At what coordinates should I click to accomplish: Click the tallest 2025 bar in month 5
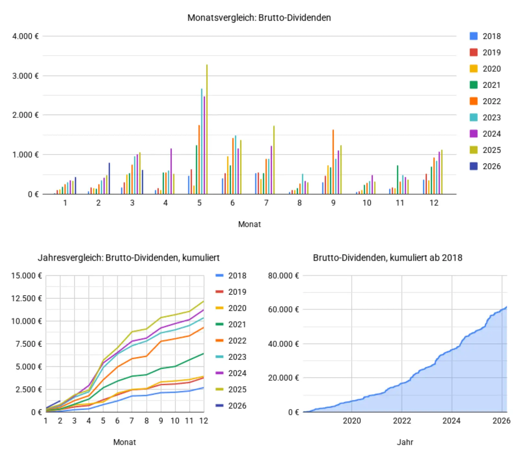pyautogui.click(x=207, y=129)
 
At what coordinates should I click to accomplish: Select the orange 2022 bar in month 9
pyautogui.click(x=333, y=162)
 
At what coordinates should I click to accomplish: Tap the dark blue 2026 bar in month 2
pyautogui.click(x=109, y=179)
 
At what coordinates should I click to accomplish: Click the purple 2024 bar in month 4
pyautogui.click(x=171, y=172)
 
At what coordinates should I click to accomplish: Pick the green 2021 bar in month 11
pyautogui.click(x=398, y=180)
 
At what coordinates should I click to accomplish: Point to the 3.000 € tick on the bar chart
pyautogui.click(x=25, y=76)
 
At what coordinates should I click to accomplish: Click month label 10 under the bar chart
pyautogui.click(x=366, y=203)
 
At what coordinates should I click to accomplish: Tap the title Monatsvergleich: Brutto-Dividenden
pyautogui.click(x=259, y=17)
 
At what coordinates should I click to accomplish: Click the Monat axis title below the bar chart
pyautogui.click(x=249, y=224)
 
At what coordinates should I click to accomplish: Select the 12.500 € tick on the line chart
pyautogui.click(x=26, y=298)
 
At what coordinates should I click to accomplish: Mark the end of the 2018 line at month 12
pyautogui.click(x=203, y=387)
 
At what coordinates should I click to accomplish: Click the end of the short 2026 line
pyautogui.click(x=60, y=401)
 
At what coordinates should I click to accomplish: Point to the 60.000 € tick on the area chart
pyautogui.click(x=283, y=310)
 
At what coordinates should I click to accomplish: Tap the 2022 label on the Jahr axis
pyautogui.click(x=402, y=421)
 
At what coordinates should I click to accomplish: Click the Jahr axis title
pyautogui.click(x=405, y=442)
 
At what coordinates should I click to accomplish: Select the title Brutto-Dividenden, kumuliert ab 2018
pyautogui.click(x=388, y=258)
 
